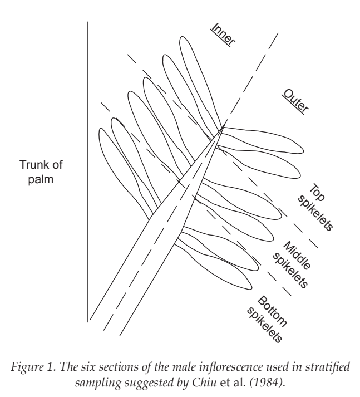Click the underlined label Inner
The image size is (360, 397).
223,35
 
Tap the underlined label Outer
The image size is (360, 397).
295,101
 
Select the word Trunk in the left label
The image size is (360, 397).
32,165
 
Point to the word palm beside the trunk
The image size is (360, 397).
41,180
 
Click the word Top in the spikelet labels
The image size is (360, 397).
317,193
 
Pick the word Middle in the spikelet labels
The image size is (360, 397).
296,256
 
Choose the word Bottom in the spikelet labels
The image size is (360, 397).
272,311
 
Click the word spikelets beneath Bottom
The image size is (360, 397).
264,325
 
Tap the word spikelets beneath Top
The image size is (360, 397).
315,213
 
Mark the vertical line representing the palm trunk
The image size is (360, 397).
88,171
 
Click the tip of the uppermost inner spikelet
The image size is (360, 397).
183,37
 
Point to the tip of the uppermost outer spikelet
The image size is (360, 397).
303,151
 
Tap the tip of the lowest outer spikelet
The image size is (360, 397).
251,287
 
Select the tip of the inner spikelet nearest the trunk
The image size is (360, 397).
101,129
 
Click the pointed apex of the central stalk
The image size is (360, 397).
224,126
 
